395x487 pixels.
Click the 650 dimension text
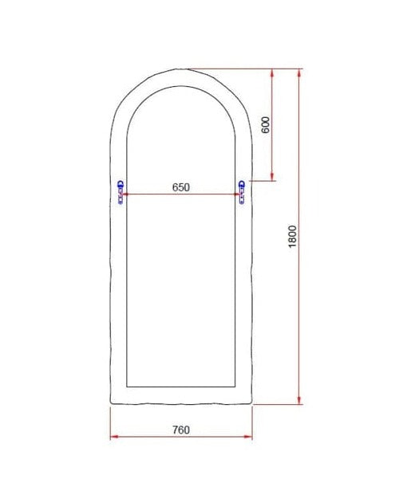(180, 187)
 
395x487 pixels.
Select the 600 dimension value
(266, 124)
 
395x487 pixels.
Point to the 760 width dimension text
(180, 430)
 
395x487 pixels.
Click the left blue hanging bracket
(120, 192)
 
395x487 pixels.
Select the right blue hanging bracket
(241, 192)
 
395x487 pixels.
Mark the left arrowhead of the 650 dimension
(127, 194)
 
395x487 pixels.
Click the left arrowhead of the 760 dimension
(113, 437)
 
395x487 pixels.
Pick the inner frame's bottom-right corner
(236, 387)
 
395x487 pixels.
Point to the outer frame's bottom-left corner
(110, 404)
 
